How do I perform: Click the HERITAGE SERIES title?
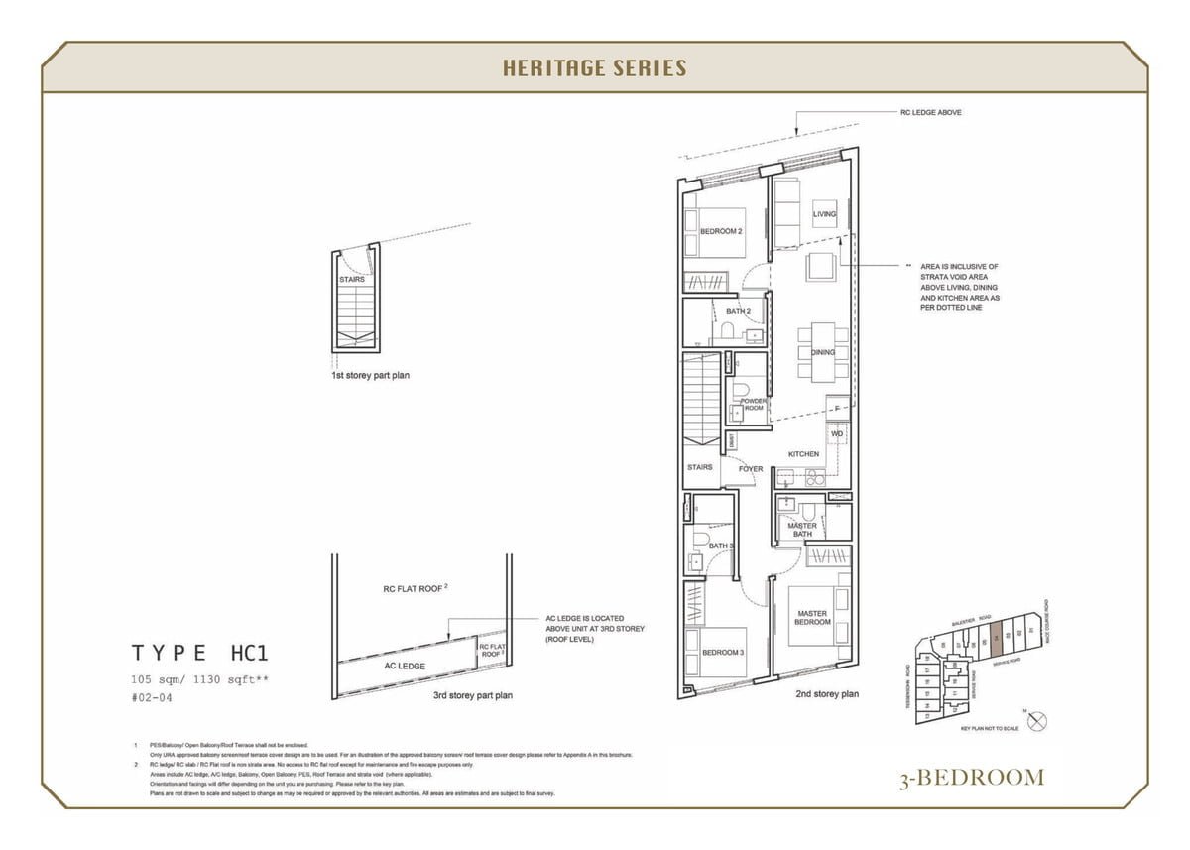tap(594, 67)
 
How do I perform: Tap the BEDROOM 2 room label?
tap(721, 231)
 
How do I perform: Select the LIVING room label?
tap(824, 214)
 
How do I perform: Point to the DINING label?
tap(822, 352)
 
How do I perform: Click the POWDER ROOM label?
tap(753, 405)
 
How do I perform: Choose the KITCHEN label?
tap(803, 454)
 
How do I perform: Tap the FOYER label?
tap(751, 468)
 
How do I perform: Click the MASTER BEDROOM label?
tap(813, 618)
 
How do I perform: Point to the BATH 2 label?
tap(738, 311)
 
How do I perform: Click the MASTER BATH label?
tap(802, 530)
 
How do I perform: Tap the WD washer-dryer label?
tap(836, 434)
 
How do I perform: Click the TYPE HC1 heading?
tap(200, 653)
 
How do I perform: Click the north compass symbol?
tap(1037, 723)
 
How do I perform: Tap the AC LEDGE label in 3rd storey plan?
tap(405, 666)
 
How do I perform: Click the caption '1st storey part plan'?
tap(370, 376)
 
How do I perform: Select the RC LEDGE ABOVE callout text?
tap(930, 113)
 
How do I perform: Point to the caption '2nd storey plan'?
tap(827, 694)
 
